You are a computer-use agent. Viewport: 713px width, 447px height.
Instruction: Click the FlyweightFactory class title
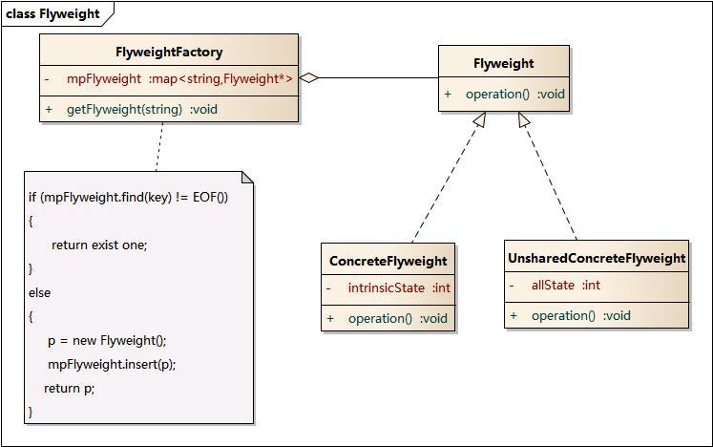169,52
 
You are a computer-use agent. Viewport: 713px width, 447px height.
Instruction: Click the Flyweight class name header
503,63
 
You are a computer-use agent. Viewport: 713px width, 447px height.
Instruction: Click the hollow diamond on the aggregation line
308,77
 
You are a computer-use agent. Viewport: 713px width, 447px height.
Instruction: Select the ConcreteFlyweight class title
388,261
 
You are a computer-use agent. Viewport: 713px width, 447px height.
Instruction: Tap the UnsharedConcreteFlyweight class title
597,258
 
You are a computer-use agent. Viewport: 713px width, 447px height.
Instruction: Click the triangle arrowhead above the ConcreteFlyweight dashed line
480,119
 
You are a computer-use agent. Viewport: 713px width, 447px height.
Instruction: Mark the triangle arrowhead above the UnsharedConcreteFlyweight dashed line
523,119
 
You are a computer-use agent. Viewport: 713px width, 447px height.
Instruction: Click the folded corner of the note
247,177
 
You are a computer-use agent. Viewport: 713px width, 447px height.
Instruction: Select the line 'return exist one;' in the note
99,245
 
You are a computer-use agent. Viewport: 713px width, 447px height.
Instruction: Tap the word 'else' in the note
39,292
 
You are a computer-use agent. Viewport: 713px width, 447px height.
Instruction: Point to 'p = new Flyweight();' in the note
107,340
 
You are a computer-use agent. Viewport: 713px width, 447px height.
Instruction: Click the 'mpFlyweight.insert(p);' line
112,364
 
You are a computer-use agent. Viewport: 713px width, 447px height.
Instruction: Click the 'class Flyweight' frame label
52,13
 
